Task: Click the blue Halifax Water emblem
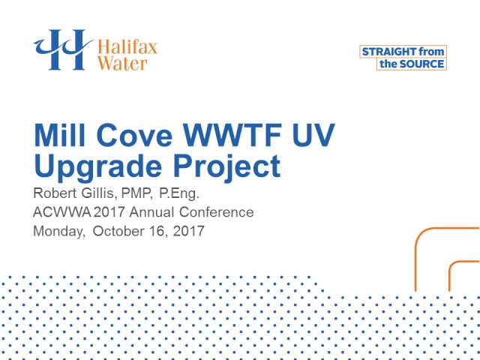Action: [x=63, y=49]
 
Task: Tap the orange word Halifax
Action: [x=127, y=47]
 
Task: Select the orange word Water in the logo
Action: [x=122, y=63]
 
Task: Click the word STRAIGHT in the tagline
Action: [x=389, y=52]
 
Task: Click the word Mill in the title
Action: [x=60, y=135]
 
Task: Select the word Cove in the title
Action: [x=134, y=135]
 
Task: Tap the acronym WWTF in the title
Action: [x=232, y=135]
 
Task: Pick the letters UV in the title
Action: [x=313, y=135]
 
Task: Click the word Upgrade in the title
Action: [x=97, y=167]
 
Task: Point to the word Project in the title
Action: [x=226, y=167]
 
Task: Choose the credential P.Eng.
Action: [x=179, y=194]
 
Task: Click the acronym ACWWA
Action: [x=61, y=211]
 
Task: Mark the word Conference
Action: [x=217, y=211]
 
